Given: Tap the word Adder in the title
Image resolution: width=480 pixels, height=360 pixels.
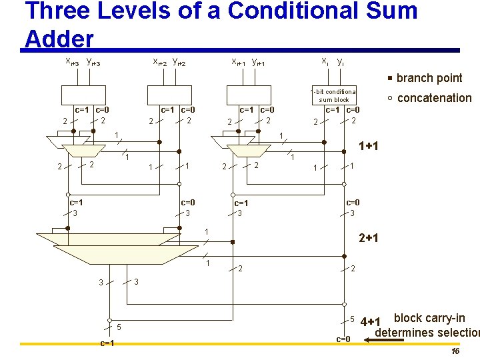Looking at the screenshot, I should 59,39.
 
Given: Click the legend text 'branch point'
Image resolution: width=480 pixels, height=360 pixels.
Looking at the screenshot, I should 429,78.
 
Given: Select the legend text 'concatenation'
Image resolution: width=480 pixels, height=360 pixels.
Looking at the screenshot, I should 434,98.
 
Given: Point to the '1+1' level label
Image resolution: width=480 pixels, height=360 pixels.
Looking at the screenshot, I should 369,146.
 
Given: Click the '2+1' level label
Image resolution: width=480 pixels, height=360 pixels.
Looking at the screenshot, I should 369,238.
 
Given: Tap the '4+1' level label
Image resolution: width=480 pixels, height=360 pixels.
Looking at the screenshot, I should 370,323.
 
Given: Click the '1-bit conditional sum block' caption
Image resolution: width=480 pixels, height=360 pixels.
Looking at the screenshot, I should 334,95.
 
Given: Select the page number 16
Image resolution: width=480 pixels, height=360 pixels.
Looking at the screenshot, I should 455,351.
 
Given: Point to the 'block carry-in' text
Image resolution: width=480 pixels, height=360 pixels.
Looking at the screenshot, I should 429,318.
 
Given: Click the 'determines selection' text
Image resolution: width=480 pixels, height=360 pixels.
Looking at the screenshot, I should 427,333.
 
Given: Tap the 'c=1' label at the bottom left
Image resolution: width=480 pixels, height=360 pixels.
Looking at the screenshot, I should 107,343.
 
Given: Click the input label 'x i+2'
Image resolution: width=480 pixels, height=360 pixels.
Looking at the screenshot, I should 160,62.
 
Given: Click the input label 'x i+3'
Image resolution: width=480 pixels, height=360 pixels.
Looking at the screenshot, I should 71,62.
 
